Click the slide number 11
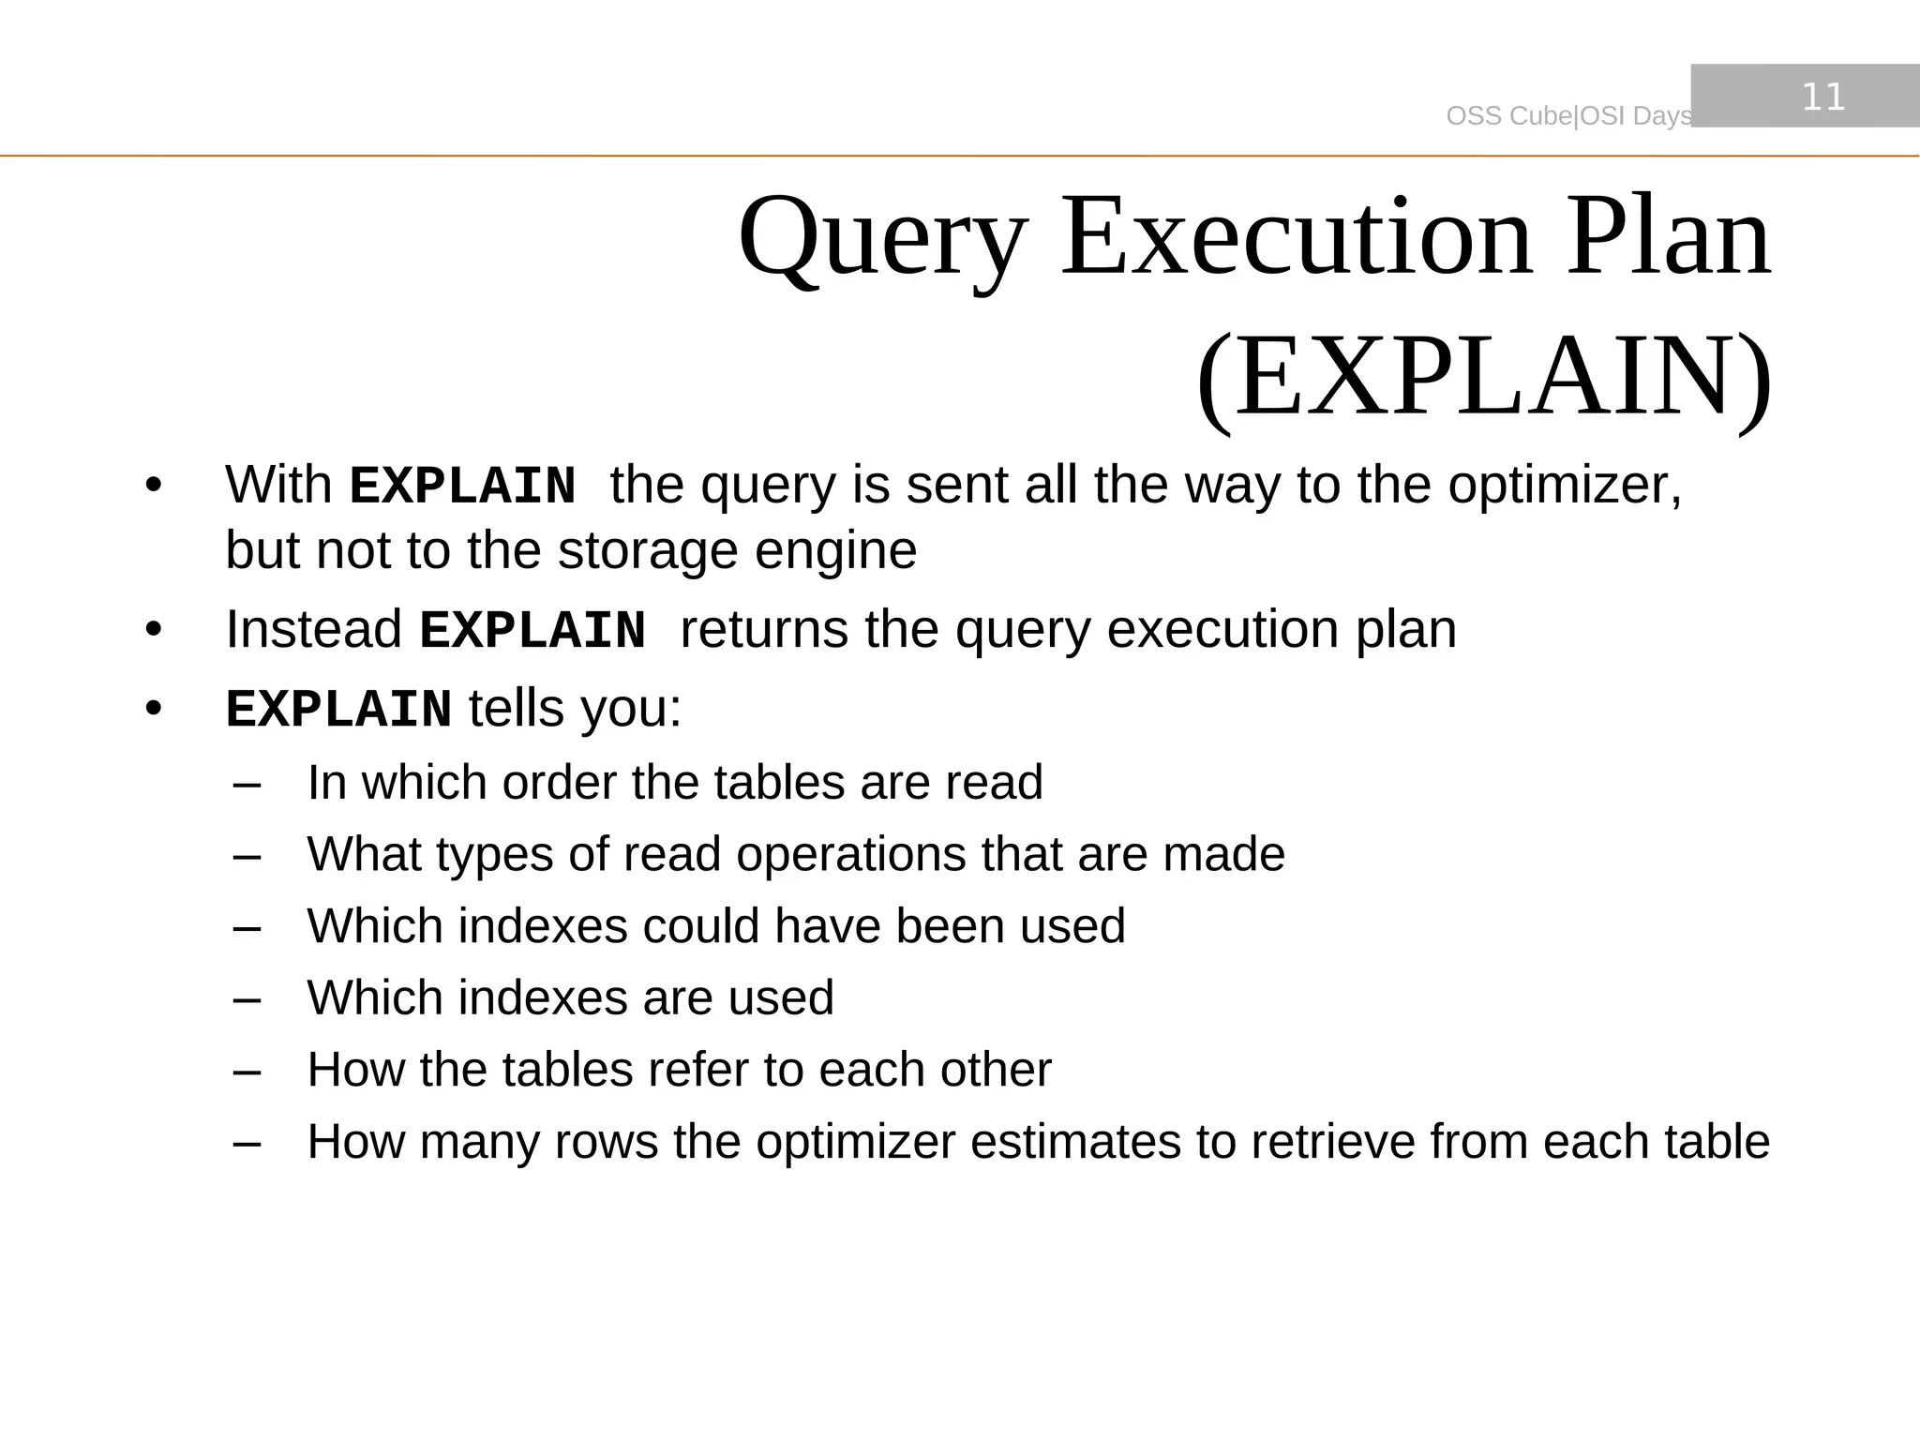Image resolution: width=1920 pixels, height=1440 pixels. (1823, 97)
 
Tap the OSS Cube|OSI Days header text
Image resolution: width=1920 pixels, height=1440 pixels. (1568, 116)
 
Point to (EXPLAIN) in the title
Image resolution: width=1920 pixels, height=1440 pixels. (1484, 377)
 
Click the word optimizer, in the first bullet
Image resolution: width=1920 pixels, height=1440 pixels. (1565, 486)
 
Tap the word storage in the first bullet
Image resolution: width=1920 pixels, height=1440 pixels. (648, 550)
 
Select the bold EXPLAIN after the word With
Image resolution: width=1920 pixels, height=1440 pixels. (462, 487)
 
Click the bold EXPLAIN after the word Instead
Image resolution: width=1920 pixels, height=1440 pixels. (532, 630)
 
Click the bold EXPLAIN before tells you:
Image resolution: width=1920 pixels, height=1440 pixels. (338, 709)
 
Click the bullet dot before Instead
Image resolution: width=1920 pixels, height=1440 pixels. (154, 630)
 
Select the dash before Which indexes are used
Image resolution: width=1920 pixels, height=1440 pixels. (247, 999)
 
